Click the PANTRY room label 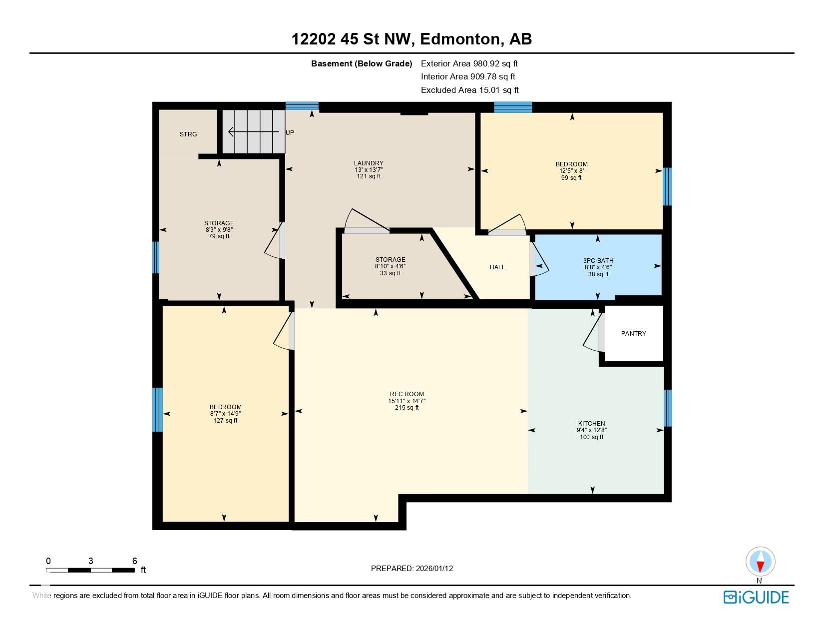coord(633,334)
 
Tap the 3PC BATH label coord(598,261)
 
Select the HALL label coord(497,267)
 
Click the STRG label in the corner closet coord(188,134)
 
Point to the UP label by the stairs coord(290,133)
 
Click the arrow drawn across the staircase coord(252,132)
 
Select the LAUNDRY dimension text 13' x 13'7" coord(369,170)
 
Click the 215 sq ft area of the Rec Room coord(407,408)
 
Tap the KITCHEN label coord(591,424)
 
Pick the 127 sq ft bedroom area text coord(225,421)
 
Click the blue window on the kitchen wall coord(667,408)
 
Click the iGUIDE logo coord(756,597)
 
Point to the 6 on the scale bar coord(134,561)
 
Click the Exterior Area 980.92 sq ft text coord(469,63)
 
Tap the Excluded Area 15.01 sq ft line coord(469,90)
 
